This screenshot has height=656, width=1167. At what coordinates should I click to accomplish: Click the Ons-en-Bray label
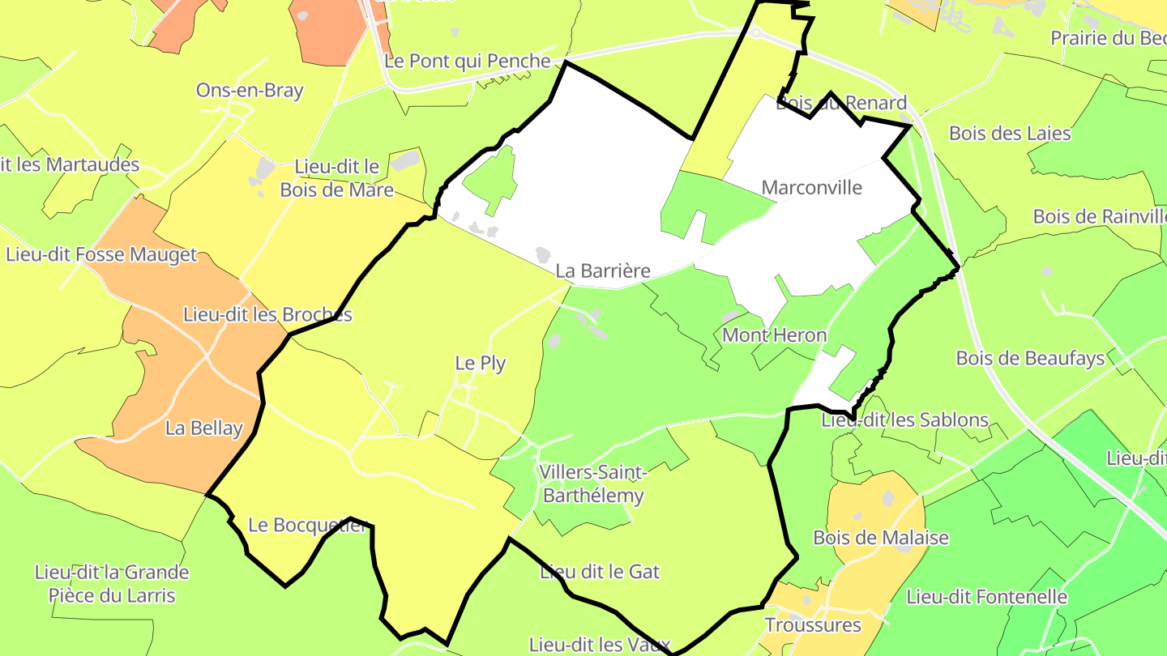click(250, 90)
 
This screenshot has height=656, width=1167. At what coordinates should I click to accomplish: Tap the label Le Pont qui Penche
click(468, 61)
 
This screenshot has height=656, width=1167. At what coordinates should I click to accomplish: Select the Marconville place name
click(811, 188)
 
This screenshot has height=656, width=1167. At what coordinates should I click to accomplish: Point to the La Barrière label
click(603, 270)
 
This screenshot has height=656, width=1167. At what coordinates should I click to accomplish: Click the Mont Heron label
click(774, 335)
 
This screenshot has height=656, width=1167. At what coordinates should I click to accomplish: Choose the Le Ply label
click(481, 364)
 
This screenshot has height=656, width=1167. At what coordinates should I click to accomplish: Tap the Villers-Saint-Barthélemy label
click(593, 484)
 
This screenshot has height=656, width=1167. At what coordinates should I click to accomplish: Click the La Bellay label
click(204, 428)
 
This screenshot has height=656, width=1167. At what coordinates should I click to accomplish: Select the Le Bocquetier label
click(308, 525)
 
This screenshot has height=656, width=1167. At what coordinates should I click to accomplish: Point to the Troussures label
click(813, 625)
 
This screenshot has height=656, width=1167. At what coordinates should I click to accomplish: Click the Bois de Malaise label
click(881, 538)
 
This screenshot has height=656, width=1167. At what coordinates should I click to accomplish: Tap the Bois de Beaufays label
click(1030, 358)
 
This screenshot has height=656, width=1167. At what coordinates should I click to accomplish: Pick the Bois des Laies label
click(1010, 134)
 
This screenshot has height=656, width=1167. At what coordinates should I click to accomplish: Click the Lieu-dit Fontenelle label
click(986, 598)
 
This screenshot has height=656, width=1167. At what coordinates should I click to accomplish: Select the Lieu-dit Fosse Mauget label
click(101, 255)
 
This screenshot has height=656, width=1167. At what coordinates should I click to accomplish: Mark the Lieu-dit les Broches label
click(268, 314)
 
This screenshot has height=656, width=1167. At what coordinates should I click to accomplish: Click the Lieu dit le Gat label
click(600, 572)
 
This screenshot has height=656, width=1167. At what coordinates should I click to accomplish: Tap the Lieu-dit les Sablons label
click(904, 420)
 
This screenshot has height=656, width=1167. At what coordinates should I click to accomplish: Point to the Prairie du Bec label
click(1108, 38)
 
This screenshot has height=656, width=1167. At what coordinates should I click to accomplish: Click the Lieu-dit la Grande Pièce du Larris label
click(112, 584)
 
